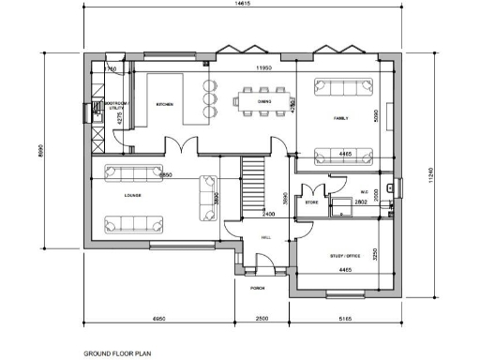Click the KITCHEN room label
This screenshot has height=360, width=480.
tap(165, 104)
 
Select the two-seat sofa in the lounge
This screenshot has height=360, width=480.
tap(203, 197)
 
